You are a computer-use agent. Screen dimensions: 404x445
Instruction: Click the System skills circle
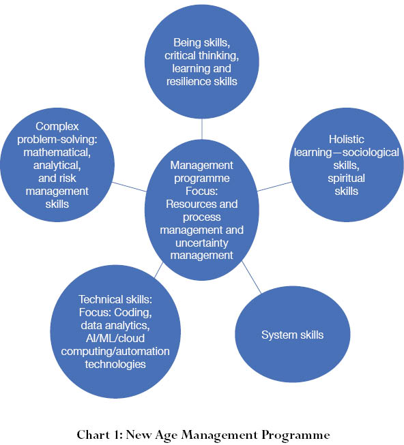tap(293, 334)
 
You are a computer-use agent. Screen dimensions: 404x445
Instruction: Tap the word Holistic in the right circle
tap(346, 139)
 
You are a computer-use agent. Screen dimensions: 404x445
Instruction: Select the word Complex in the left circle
tap(57, 127)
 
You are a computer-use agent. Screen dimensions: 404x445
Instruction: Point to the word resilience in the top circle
tap(188, 82)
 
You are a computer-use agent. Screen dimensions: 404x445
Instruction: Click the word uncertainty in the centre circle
tap(202, 243)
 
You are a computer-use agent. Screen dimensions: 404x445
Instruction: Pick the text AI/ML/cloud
tap(115, 338)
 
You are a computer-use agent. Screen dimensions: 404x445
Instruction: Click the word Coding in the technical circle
tap(132, 313)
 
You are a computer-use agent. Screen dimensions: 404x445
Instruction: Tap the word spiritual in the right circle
tap(346, 179)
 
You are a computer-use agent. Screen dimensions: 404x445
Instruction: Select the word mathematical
tap(57, 153)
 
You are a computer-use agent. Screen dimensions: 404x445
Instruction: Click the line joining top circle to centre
tap(202, 129)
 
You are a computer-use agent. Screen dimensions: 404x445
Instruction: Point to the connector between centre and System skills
tap(251, 277)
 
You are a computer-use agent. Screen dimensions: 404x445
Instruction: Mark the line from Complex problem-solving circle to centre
tap(129, 187)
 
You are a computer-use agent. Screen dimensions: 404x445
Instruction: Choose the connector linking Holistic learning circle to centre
tap(274, 187)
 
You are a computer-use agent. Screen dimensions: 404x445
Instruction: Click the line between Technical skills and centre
tap(158, 270)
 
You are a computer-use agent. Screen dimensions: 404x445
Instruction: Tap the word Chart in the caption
tap(93, 435)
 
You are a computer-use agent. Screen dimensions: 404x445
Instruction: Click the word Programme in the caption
tap(295, 435)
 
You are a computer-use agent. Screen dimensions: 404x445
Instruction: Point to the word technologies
tap(115, 364)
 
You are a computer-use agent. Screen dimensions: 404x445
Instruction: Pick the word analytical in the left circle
tap(57, 166)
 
